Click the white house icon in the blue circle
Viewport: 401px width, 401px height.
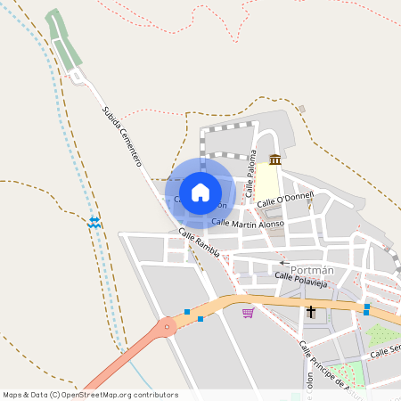click(x=200, y=192)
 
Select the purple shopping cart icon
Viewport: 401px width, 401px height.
click(x=248, y=313)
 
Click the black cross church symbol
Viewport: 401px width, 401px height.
click(x=311, y=312)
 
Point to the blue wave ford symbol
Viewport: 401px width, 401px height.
click(x=94, y=222)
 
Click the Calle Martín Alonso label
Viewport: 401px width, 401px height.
click(x=248, y=223)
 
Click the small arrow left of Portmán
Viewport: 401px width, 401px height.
click(x=283, y=263)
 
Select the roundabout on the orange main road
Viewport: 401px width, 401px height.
click(x=165, y=328)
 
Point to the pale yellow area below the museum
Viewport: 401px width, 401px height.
click(x=267, y=183)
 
